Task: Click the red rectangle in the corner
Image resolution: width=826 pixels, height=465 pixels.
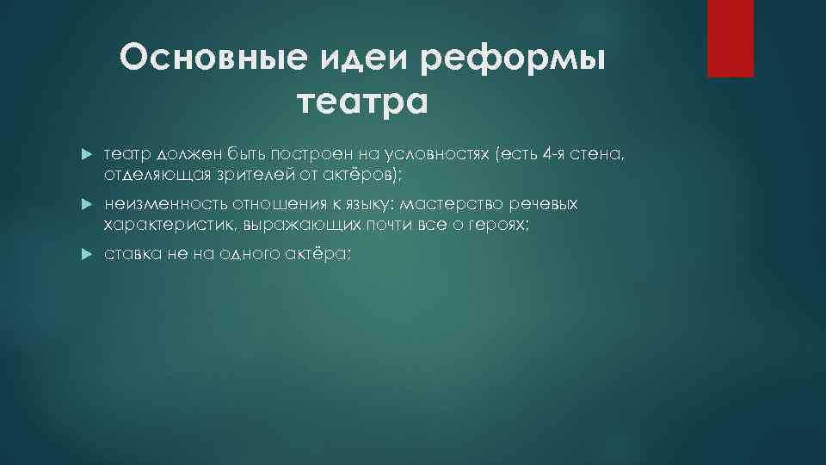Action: click(730, 38)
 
